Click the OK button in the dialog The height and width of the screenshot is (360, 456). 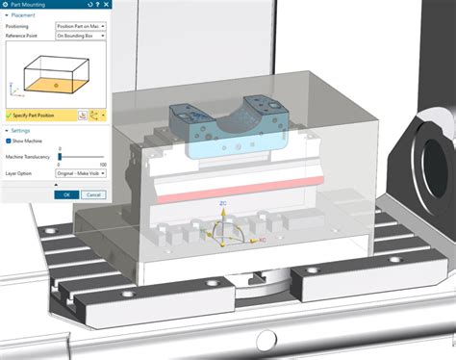point(66,193)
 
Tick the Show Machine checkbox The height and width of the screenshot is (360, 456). point(10,141)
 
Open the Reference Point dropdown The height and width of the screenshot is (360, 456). point(81,36)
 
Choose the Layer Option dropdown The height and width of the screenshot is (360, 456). point(81,172)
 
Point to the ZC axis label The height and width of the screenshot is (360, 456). point(223,204)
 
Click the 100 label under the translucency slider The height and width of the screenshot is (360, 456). point(103,165)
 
